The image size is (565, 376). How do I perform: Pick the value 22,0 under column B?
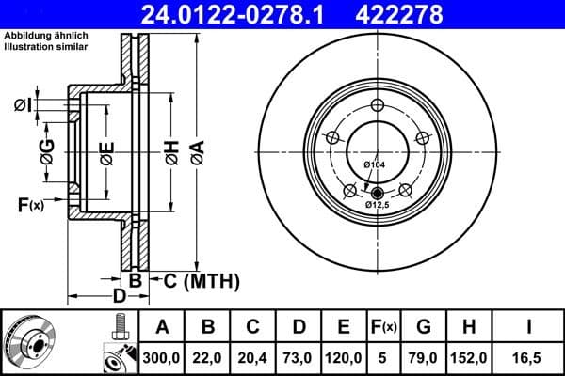[x=209, y=356]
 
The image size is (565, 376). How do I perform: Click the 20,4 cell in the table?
[x=253, y=356]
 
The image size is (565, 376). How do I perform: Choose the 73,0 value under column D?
[x=299, y=356]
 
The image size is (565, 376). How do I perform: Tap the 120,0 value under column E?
[x=344, y=356]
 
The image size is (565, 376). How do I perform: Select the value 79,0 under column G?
[x=425, y=356]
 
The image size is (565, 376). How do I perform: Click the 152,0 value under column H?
[x=470, y=356]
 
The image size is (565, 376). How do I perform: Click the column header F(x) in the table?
[x=384, y=327]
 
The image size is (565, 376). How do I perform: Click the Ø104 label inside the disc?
[x=375, y=165]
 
